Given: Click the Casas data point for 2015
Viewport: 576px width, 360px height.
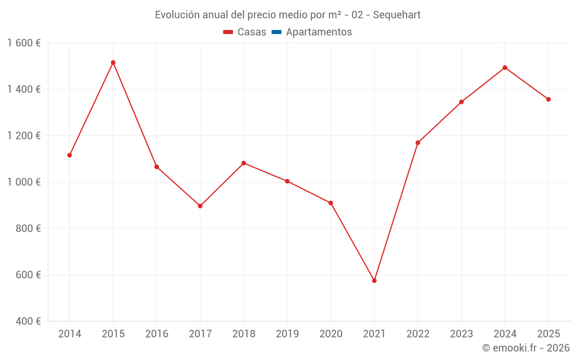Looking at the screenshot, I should click(x=113, y=62).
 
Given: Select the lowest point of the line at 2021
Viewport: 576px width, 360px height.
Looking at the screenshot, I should click(x=374, y=281).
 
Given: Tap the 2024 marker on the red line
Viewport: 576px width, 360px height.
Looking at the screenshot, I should click(x=505, y=67).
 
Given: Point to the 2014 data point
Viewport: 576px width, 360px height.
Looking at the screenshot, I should click(x=70, y=155).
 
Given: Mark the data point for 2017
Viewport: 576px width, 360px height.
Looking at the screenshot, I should click(x=200, y=206).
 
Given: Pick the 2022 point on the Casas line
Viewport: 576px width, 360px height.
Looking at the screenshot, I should click(x=418, y=143).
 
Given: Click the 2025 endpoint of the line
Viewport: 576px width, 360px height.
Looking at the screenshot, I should click(x=548, y=99).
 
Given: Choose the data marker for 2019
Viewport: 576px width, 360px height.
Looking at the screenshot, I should click(x=287, y=181).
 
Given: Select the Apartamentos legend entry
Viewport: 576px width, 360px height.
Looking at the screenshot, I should click(x=319, y=32).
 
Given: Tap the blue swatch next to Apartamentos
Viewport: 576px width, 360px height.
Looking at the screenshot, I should click(x=276, y=32).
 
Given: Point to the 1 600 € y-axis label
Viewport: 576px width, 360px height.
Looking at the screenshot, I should click(x=24, y=43).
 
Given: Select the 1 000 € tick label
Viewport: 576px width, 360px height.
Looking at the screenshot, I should click(x=24, y=182).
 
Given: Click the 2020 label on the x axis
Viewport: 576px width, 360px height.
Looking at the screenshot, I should click(x=331, y=334).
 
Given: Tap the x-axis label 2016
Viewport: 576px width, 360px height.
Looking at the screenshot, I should click(x=157, y=334).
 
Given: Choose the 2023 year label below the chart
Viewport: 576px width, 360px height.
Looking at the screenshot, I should click(x=461, y=334).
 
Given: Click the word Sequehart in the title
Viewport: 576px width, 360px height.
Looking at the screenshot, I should click(x=396, y=15).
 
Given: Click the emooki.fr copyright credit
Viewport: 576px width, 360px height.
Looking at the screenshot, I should click(x=526, y=348).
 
